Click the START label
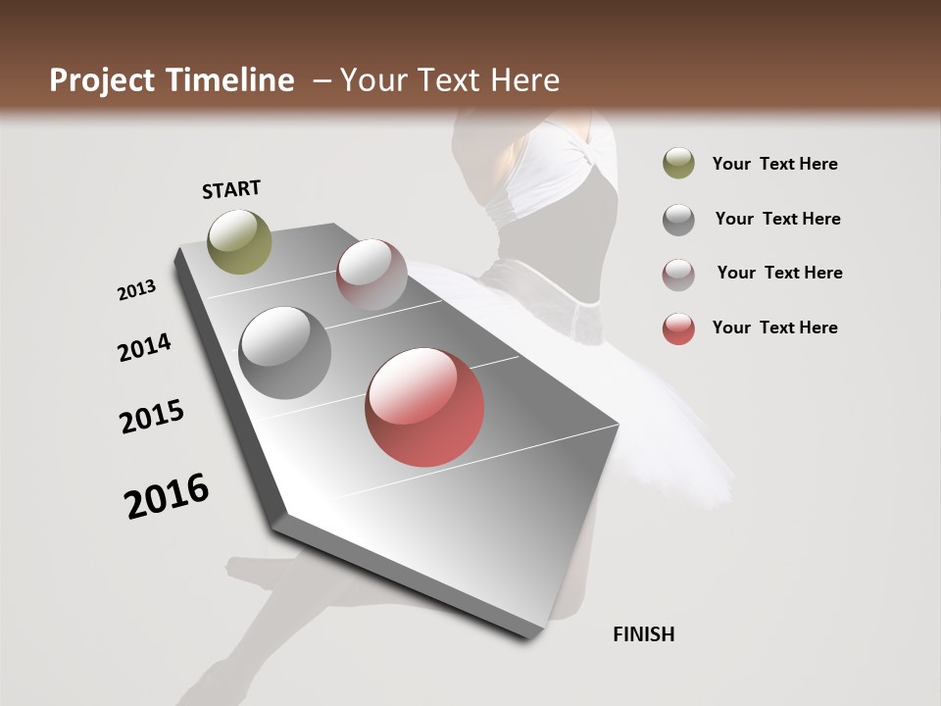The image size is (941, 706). click(231, 189)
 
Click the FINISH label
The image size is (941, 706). click(644, 634)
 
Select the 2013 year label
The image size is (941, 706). click(137, 290)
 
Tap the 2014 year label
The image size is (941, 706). click(144, 348)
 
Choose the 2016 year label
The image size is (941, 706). click(167, 495)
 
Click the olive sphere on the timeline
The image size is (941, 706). click(240, 241)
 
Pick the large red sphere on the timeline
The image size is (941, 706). click(424, 407)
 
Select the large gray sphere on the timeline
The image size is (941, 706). click(285, 353)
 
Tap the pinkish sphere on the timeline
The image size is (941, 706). click(371, 275)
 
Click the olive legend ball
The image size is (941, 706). click(678, 164)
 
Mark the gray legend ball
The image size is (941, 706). click(678, 220)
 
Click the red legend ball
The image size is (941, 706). click(678, 328)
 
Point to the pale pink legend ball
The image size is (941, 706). click(678, 275)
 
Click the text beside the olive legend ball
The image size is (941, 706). click(774, 164)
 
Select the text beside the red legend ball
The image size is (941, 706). click(774, 328)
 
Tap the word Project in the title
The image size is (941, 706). click(103, 80)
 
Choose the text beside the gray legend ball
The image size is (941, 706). click(777, 219)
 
